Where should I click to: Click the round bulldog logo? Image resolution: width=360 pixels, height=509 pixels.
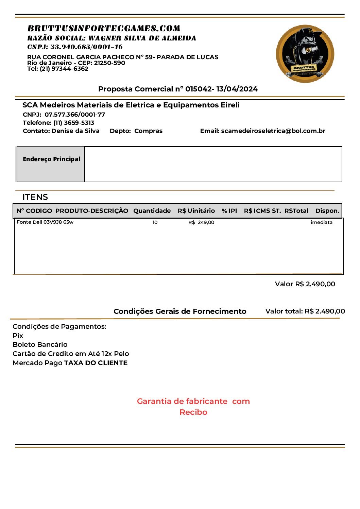305,53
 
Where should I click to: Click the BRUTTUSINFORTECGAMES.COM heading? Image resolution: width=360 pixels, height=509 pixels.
104,28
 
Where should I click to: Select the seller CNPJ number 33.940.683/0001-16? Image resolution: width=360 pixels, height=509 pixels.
86,47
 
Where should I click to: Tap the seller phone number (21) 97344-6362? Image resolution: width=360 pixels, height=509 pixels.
64,69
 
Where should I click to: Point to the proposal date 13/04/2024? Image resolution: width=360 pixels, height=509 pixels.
237,89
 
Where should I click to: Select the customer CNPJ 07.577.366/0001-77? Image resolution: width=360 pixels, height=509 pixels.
75,115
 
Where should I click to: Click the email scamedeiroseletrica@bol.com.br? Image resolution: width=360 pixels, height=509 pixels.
273,131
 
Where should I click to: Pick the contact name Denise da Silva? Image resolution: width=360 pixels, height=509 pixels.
75,131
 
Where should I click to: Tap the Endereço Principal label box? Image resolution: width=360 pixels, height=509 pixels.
51,164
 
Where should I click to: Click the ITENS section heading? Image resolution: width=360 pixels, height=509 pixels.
35,197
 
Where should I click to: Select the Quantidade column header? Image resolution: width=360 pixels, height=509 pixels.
152,211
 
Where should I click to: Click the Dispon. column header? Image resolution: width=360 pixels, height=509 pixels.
327,211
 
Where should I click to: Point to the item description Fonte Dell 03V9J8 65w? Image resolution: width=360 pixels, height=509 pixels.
45,222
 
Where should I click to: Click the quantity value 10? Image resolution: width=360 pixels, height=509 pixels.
155,222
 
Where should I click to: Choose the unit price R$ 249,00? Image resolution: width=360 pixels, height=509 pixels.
201,222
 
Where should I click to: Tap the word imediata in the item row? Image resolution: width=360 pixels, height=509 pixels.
321,222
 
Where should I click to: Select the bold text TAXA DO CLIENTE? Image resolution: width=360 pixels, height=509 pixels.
96,363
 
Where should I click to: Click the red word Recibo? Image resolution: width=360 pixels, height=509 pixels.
193,412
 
